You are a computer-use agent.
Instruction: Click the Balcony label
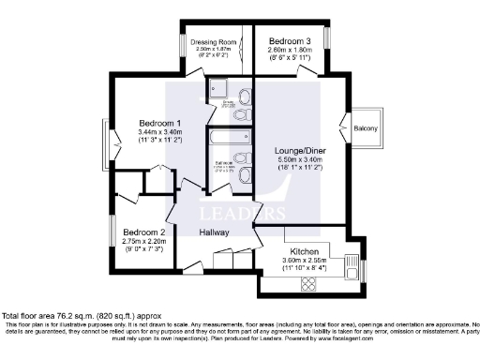coord(366,128)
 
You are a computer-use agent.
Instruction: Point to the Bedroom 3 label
coord(289,42)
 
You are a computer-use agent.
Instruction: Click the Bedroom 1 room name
coord(160,124)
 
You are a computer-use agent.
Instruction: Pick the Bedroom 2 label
coord(143,232)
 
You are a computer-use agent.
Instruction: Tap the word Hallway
coord(217,233)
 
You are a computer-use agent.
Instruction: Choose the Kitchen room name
coord(306,252)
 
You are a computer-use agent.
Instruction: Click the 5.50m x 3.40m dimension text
coord(298,159)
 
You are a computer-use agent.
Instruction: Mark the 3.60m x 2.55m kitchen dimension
coord(306,262)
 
